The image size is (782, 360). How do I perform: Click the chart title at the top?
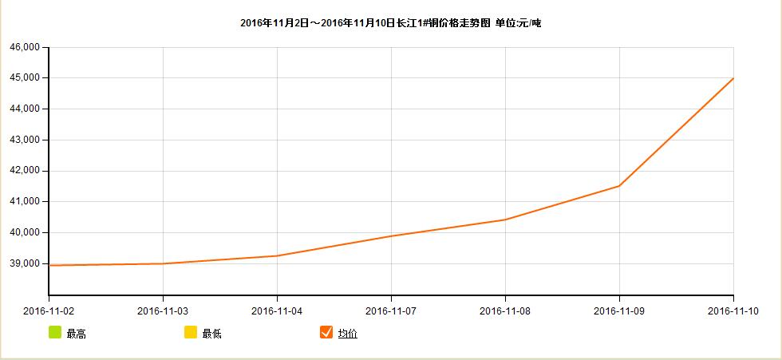[390, 23]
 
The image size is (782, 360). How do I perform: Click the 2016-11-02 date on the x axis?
[49, 310]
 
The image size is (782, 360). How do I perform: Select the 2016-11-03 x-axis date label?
[163, 310]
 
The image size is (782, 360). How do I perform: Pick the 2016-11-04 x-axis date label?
[277, 310]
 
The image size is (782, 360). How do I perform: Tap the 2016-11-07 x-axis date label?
[391, 310]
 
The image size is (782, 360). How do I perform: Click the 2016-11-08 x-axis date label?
[505, 310]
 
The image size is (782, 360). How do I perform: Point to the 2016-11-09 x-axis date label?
[619, 310]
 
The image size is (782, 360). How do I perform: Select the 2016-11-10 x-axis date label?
[733, 310]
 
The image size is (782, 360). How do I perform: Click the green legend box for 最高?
[55, 332]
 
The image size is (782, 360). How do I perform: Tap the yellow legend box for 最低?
[191, 332]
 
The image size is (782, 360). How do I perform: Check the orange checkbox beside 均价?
[326, 332]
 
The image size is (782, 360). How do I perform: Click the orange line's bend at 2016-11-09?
[619, 186]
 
